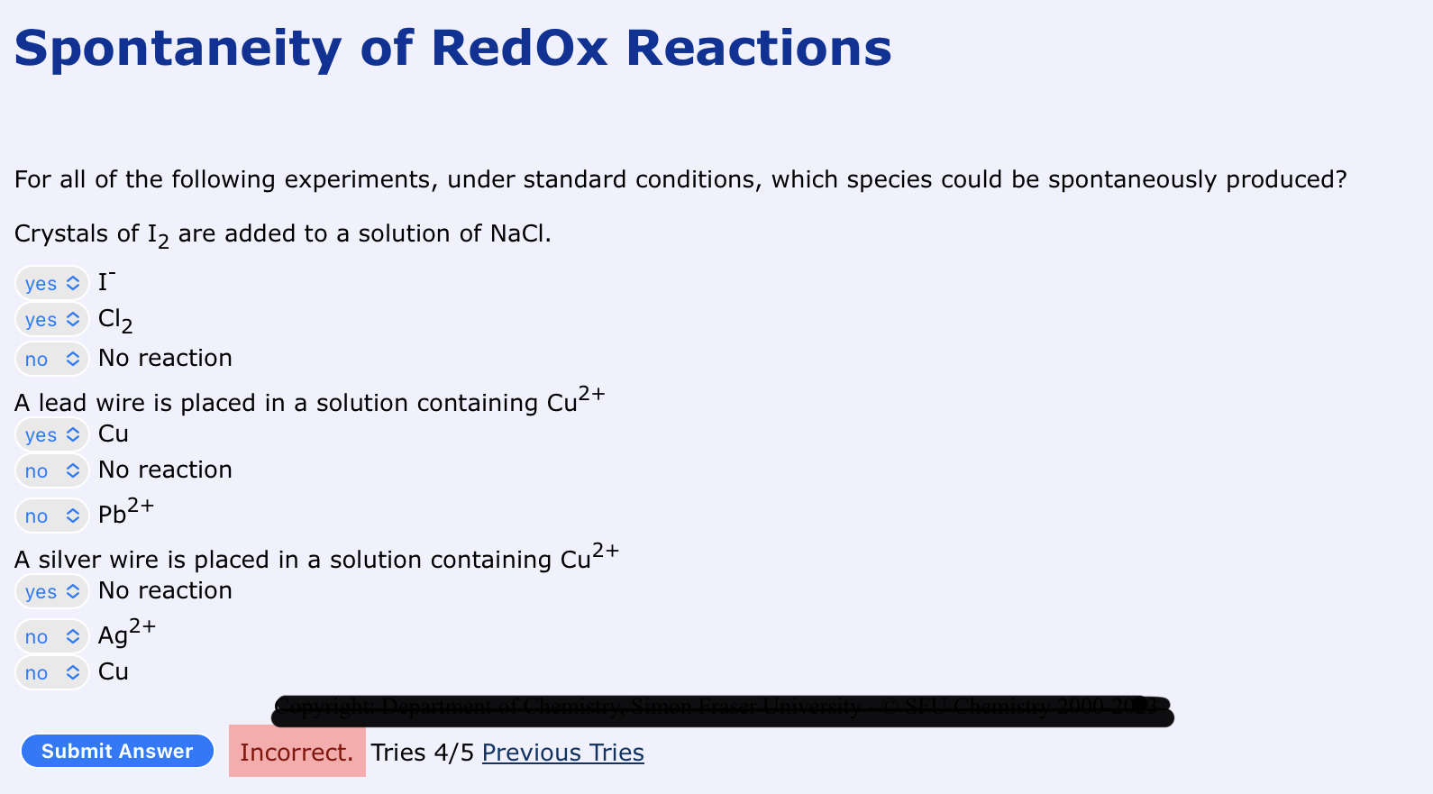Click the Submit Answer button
pyautogui.click(x=117, y=751)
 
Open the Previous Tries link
pyautogui.click(x=562, y=753)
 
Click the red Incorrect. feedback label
pyautogui.click(x=297, y=752)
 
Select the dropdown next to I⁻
pyautogui.click(x=52, y=283)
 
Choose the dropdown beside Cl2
pyautogui.click(x=52, y=320)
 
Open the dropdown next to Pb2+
pyautogui.click(x=52, y=516)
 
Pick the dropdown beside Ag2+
pyautogui.click(x=52, y=636)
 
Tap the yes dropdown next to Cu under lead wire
pyautogui.click(x=52, y=434)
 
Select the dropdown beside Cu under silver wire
pyautogui.click(x=52, y=672)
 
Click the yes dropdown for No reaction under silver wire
pyautogui.click(x=52, y=591)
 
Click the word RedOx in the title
pyautogui.click(x=519, y=49)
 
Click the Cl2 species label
pyautogui.click(x=114, y=320)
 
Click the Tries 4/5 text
pyautogui.click(x=422, y=753)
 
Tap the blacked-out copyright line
pyautogui.click(x=721, y=711)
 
